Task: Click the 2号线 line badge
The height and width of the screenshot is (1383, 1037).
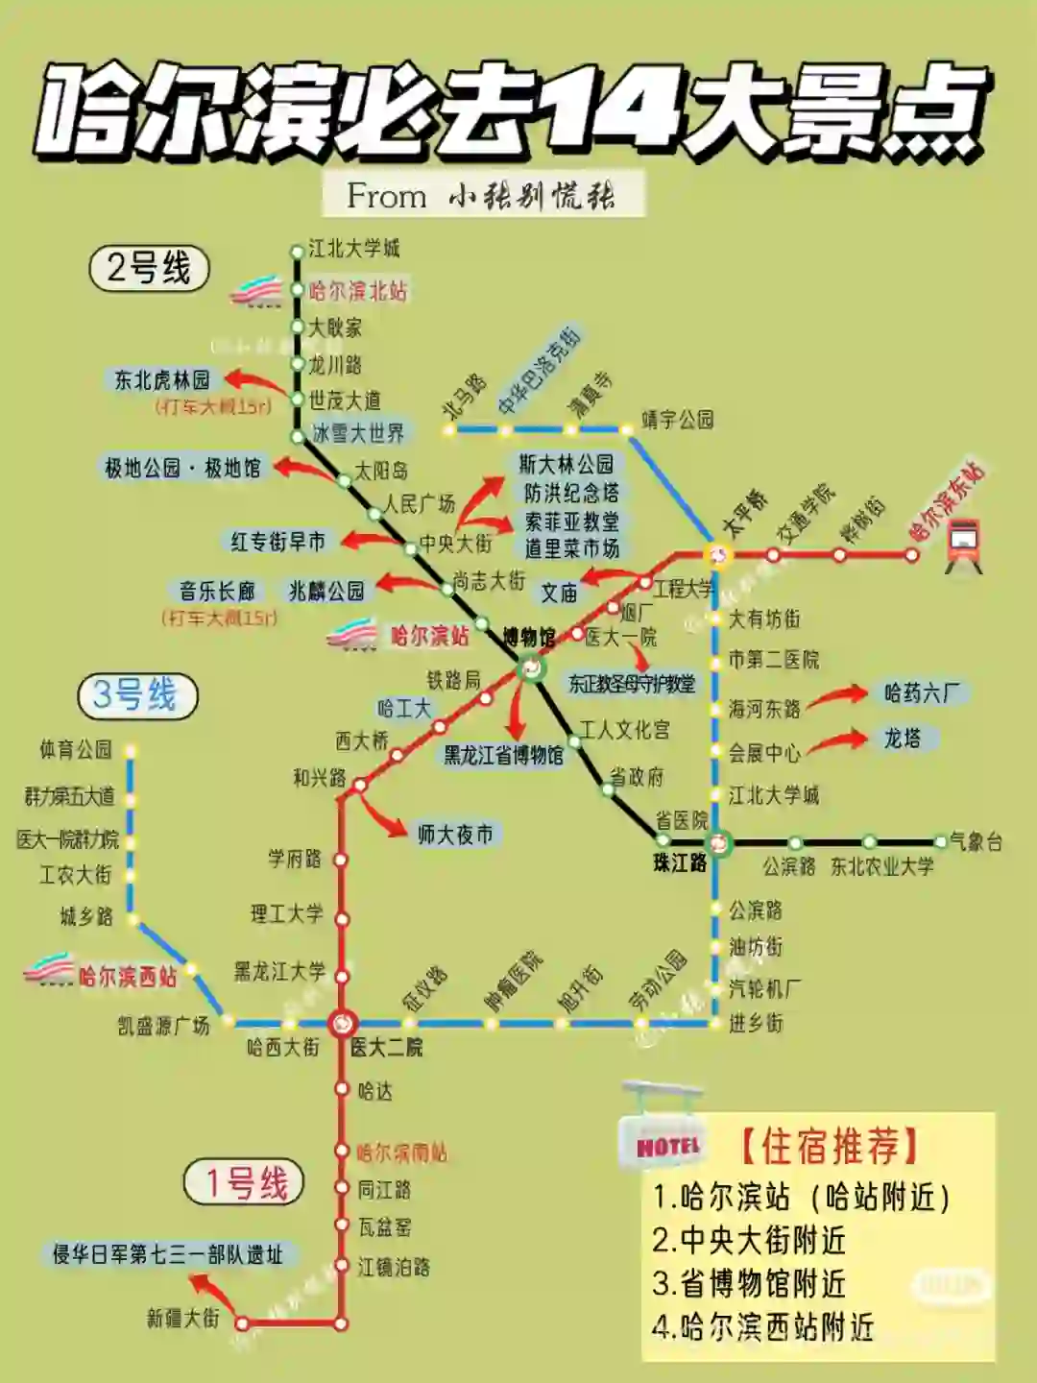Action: click(x=149, y=268)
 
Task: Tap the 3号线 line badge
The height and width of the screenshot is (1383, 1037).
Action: click(x=136, y=695)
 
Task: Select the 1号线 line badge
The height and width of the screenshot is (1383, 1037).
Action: click(x=244, y=1182)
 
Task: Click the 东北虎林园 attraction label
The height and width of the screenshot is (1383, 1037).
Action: click(x=162, y=380)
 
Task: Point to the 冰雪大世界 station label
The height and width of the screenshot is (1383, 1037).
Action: click(x=358, y=433)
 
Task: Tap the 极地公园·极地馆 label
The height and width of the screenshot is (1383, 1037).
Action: click(x=182, y=468)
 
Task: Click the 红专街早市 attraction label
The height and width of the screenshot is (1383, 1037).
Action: click(x=278, y=542)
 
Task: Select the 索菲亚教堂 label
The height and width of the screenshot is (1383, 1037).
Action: click(x=571, y=521)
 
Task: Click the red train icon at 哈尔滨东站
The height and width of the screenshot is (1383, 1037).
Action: click(x=963, y=545)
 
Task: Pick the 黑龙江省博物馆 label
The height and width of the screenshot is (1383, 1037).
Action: click(x=503, y=756)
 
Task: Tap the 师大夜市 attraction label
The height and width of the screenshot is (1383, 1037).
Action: click(x=454, y=835)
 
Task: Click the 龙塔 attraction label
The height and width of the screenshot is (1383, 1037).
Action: click(x=902, y=738)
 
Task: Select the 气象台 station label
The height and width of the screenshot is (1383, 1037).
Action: click(x=977, y=842)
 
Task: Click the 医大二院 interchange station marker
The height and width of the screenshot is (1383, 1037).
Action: click(x=342, y=1024)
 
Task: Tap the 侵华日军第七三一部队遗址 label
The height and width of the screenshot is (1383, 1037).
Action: click(x=168, y=1254)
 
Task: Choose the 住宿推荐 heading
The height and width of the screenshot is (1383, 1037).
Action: click(x=832, y=1146)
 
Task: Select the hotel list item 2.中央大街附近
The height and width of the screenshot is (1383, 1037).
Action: click(x=749, y=1240)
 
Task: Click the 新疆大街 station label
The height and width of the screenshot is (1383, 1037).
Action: click(x=182, y=1319)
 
